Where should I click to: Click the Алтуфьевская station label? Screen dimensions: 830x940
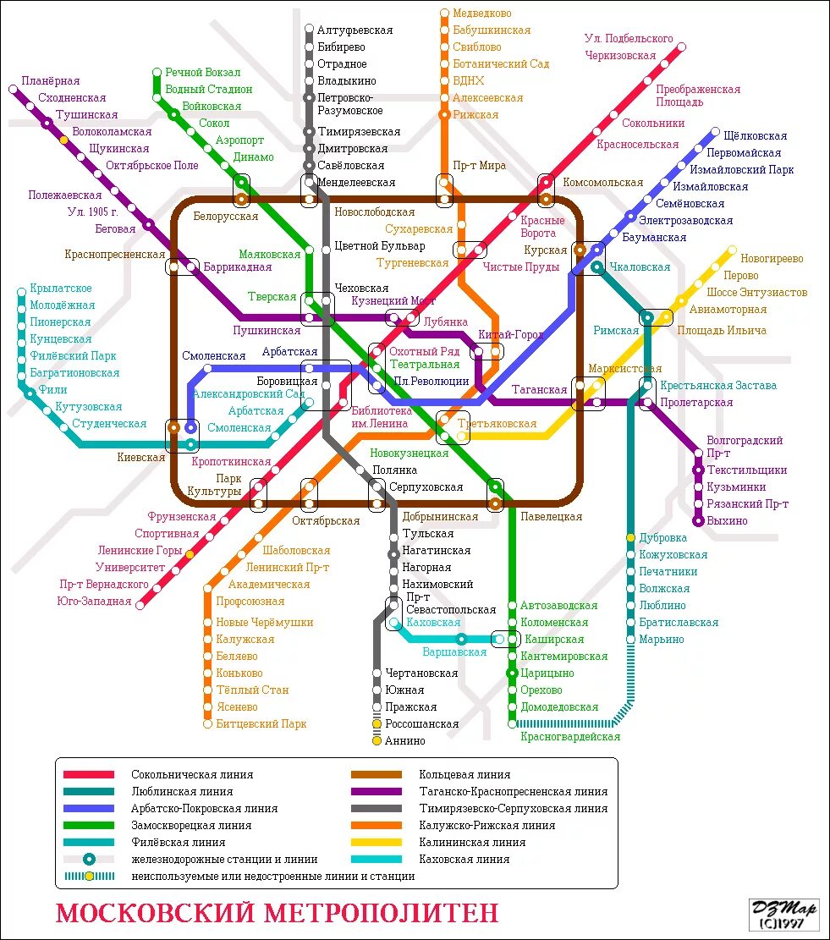tap(355, 30)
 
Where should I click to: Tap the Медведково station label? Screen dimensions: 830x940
tap(481, 14)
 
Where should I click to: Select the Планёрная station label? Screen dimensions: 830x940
tap(50, 81)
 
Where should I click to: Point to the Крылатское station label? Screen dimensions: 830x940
tap(60, 289)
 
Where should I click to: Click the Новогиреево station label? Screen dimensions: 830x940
tap(772, 259)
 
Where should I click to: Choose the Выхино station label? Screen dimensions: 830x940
tap(727, 521)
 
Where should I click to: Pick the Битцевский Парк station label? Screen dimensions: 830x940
tap(261, 724)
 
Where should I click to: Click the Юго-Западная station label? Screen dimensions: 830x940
tap(95, 602)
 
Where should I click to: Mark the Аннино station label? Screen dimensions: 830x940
tap(404, 741)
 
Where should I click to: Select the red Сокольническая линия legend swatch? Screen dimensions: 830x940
tap(89, 775)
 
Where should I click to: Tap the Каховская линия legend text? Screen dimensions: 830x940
tap(464, 860)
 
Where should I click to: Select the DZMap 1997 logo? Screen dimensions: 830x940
tap(784, 915)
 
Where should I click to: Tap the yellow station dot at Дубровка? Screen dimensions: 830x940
tap(631, 538)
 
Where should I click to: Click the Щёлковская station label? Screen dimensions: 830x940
tap(755, 136)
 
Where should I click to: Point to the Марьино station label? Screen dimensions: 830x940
tap(661, 640)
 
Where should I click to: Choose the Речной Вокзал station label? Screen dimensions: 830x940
tap(202, 73)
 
